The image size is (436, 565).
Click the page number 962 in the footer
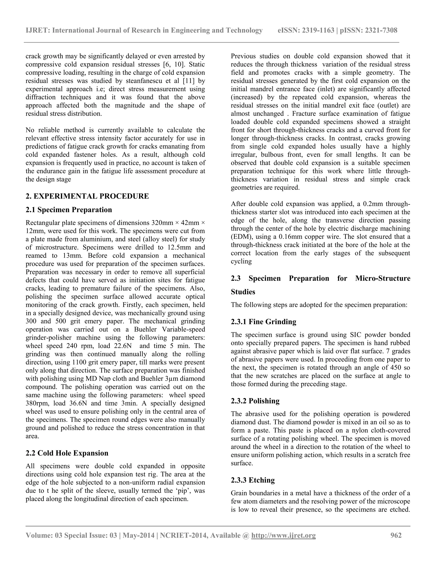tap(396, 535)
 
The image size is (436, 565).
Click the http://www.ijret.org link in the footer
tap(283, 535)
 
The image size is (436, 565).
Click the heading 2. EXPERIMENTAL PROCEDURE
tap(87, 196)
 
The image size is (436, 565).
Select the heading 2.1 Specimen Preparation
tap(69, 210)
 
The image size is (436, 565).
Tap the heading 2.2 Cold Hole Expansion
tap(67, 453)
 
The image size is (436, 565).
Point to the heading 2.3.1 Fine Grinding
tap(264, 322)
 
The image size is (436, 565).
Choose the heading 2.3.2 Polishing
tap(255, 401)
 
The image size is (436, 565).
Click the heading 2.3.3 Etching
tap(253, 480)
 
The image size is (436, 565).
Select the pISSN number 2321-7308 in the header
tap(380, 30)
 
